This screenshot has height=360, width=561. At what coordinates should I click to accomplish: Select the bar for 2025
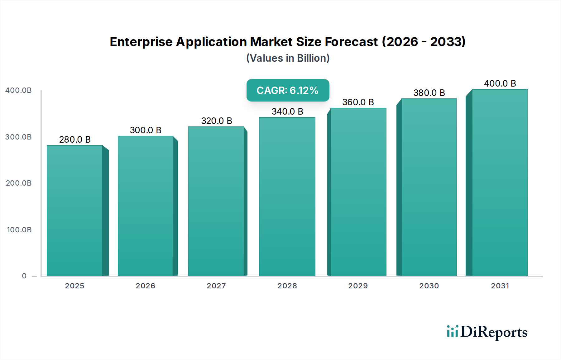[75, 211]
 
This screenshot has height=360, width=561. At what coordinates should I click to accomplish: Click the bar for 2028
[287, 197]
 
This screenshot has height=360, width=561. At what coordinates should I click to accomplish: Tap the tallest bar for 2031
[500, 182]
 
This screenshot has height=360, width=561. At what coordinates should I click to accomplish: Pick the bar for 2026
[146, 206]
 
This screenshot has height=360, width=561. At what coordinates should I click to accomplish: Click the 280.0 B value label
[75, 140]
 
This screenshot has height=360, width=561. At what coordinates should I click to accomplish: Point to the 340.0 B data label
[287, 111]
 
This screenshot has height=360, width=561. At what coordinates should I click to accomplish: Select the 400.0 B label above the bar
[500, 83]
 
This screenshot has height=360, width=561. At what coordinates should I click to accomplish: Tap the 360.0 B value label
[358, 102]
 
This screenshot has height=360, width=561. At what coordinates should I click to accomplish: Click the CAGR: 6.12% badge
[288, 90]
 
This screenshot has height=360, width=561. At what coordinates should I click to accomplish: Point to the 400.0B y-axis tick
[18, 90]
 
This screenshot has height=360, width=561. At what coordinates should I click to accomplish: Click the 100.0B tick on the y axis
[19, 230]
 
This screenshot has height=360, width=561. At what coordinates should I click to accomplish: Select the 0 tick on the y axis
[24, 276]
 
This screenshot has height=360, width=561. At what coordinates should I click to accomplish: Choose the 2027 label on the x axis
[216, 286]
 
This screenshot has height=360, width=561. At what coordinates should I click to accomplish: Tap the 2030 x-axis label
[429, 286]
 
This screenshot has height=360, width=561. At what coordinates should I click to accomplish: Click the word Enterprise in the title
[141, 42]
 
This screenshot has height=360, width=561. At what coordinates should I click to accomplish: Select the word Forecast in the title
[351, 42]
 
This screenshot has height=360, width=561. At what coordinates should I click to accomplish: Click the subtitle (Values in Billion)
[288, 58]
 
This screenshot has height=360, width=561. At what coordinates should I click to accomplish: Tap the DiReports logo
[487, 332]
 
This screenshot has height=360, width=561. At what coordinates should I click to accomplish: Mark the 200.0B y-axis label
[19, 183]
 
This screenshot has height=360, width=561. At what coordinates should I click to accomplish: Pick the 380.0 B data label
[429, 93]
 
